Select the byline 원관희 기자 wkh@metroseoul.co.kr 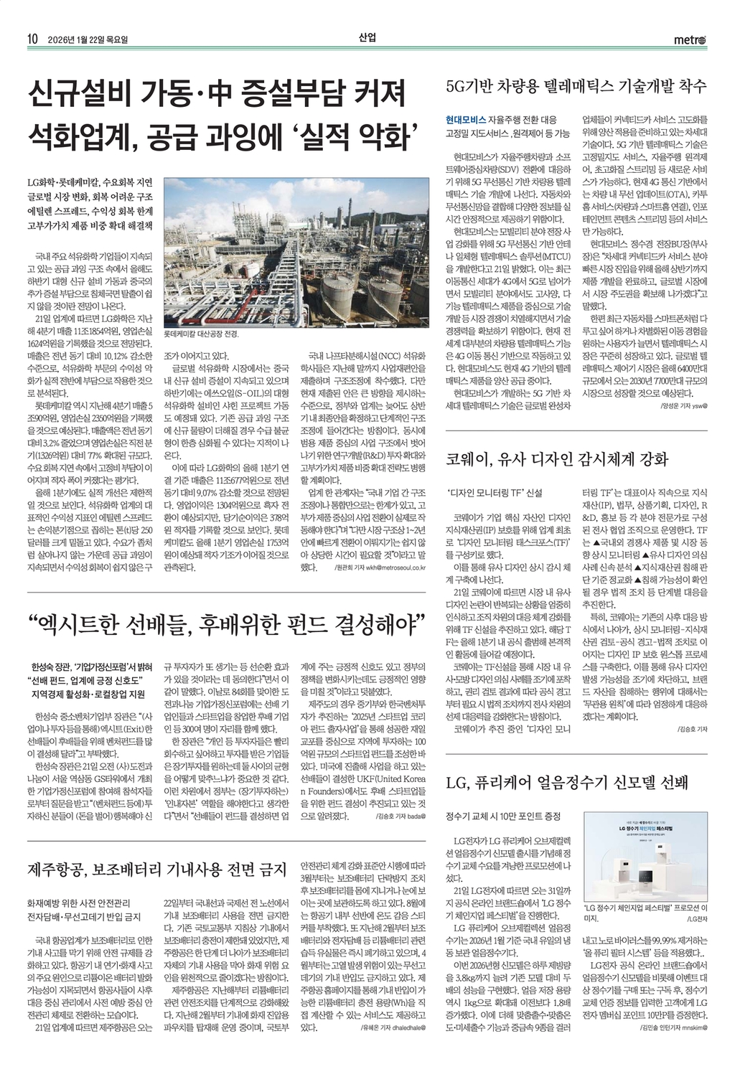(380, 568)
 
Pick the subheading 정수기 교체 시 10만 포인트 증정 (502, 817)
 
